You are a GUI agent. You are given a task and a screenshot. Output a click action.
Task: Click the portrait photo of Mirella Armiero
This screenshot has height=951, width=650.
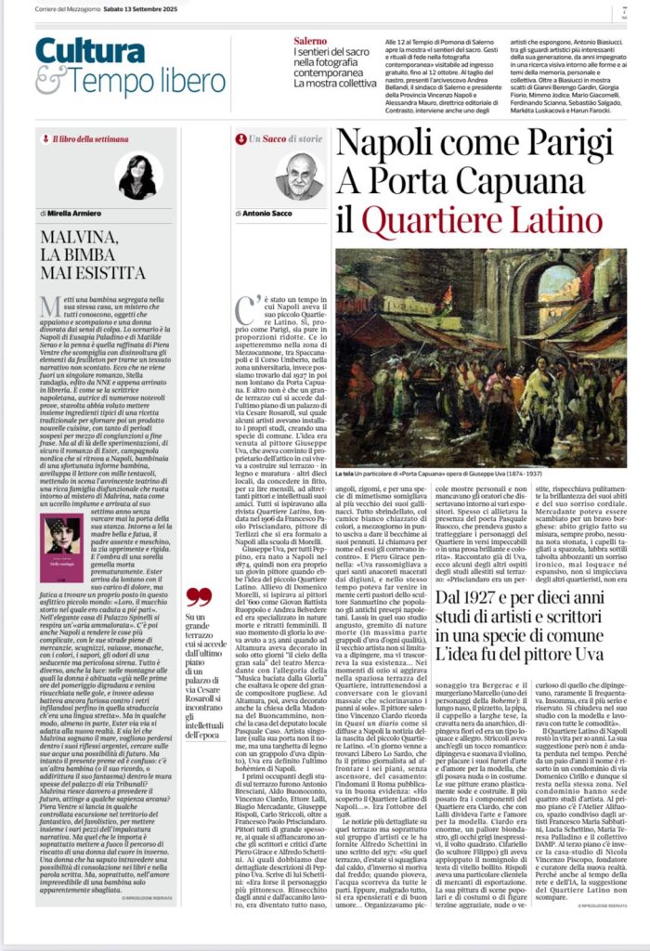tap(136, 176)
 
